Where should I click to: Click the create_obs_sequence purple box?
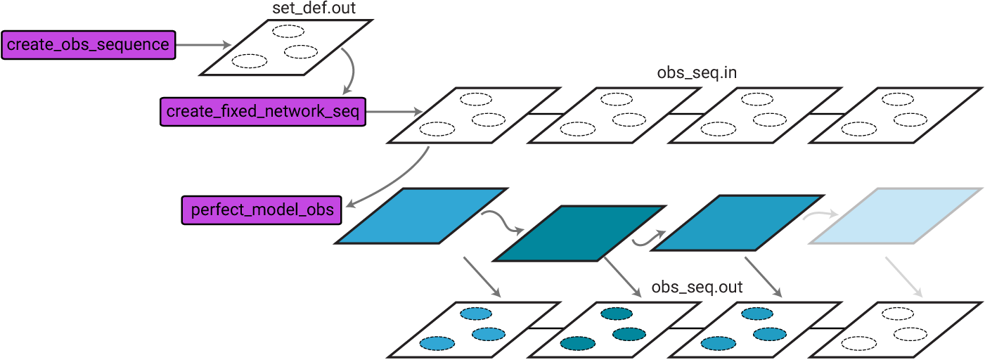tap(88, 46)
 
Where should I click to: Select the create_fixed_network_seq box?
tap(263, 111)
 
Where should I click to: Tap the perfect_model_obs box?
tap(263, 210)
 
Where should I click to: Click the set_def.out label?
tap(304, 8)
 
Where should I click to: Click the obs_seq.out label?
tap(697, 287)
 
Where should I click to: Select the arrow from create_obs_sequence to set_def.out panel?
tap(204, 46)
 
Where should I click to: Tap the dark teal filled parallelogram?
tap(580, 233)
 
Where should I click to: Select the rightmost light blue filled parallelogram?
tap(896, 215)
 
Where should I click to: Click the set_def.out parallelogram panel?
tap(286, 46)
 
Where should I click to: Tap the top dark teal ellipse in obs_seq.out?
tap(616, 314)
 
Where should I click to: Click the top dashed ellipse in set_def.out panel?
tap(288, 31)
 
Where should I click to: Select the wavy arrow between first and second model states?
tap(503, 221)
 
